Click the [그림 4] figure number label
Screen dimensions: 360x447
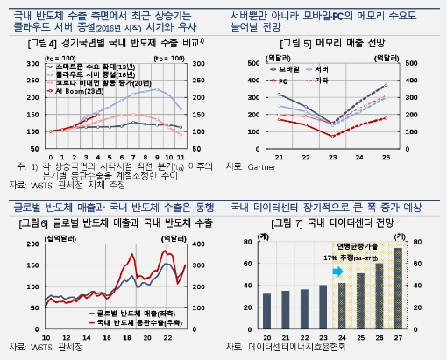[x=34, y=43]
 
